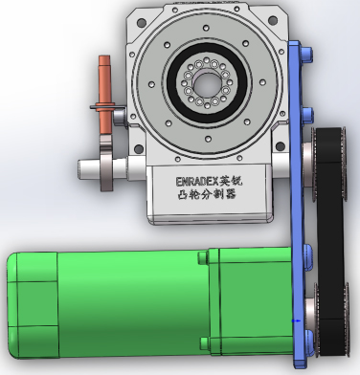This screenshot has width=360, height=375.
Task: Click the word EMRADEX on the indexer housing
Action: click(x=197, y=182)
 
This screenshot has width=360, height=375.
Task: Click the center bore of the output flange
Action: click(x=207, y=84)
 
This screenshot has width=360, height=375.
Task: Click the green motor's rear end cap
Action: click(x=33, y=304)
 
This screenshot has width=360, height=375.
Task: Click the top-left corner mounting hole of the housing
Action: click(x=141, y=23)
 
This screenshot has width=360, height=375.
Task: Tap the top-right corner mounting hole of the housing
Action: click(x=273, y=21)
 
